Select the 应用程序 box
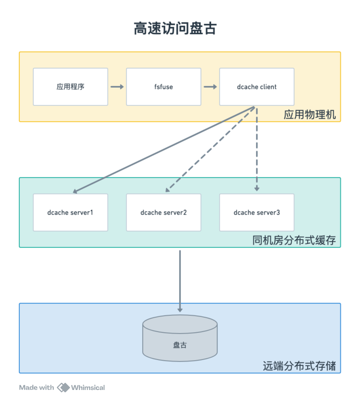tap(70, 87)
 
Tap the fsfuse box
tap(163, 87)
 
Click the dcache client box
tap(257, 87)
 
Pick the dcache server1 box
tap(70, 213)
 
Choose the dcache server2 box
tap(163, 213)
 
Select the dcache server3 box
tap(257, 213)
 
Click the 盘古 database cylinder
tap(180, 338)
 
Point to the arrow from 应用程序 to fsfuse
tap(117, 87)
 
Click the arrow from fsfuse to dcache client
tap(210, 87)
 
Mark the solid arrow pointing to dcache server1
tap(163, 150)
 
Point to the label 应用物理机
tap(310, 115)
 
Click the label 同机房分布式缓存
tap(294, 241)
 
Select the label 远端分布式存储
tap(299, 366)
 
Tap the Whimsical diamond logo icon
tap(63, 387)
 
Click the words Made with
tap(37, 387)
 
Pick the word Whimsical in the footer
tap(88, 387)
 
